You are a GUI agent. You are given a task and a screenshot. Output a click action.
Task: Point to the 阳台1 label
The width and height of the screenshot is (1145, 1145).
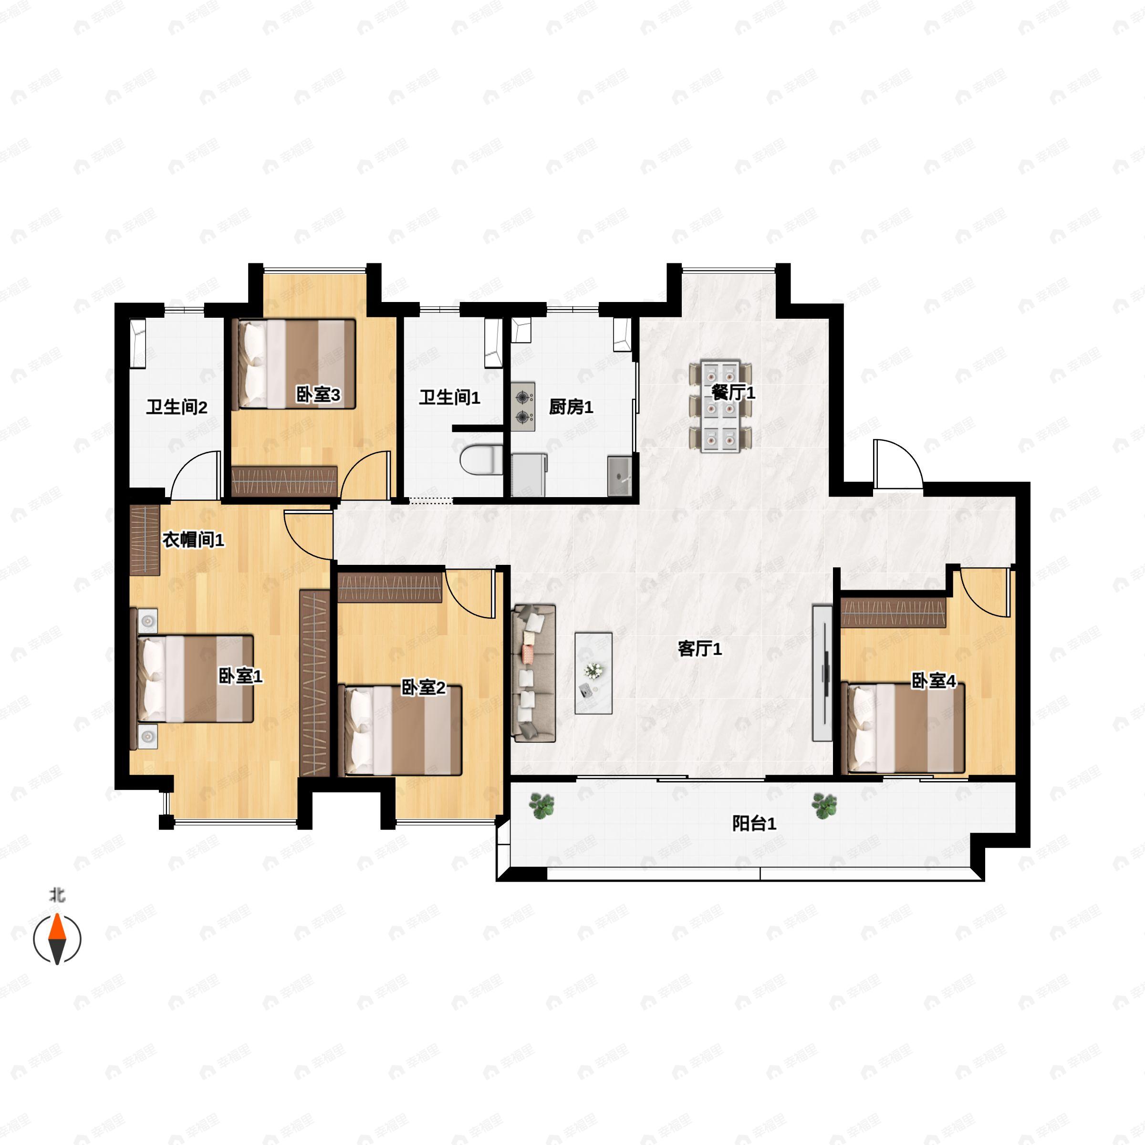click(x=754, y=824)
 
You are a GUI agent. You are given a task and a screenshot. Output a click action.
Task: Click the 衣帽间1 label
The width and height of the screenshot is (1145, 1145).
click(x=193, y=540)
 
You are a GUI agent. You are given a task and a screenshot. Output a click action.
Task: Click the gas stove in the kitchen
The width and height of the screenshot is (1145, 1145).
click(x=523, y=406)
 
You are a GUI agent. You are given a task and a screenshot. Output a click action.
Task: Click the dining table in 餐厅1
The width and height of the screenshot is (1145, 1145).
click(x=720, y=406)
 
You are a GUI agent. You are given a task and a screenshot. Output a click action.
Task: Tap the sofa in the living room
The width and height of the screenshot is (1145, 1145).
click(x=533, y=673)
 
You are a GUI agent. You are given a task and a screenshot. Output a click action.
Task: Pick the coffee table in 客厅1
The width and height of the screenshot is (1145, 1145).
click(x=593, y=673)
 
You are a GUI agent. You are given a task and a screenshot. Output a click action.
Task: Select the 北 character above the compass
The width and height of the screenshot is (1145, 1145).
click(x=57, y=895)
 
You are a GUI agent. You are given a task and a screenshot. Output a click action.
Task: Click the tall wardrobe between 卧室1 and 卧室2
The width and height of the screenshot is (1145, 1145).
click(x=314, y=683)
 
